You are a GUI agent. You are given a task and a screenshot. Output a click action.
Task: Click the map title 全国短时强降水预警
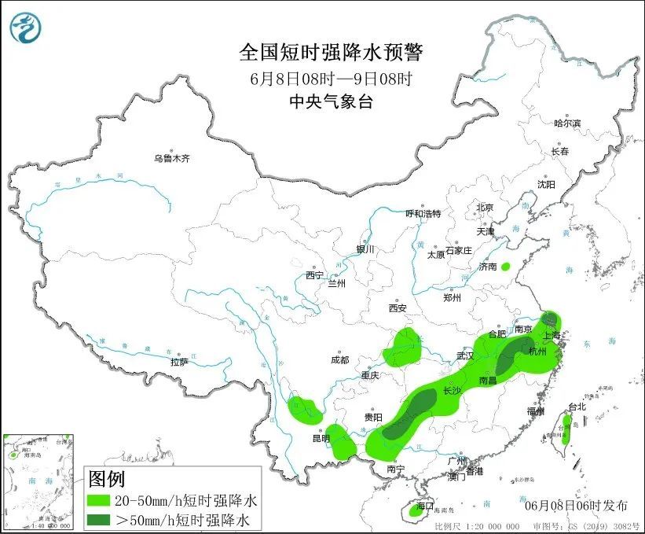(331, 53)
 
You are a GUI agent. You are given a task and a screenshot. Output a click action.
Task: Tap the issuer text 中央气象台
(331, 101)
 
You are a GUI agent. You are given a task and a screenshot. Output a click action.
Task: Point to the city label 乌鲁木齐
(172, 159)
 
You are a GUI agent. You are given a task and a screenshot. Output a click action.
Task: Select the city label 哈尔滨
(566, 123)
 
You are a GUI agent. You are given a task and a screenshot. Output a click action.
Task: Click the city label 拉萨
(179, 362)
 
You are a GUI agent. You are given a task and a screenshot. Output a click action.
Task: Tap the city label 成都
(339, 360)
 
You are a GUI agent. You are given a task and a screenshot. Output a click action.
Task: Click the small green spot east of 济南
(506, 267)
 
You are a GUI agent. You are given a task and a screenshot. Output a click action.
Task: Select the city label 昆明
(321, 438)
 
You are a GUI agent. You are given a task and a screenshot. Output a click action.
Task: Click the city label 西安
(398, 308)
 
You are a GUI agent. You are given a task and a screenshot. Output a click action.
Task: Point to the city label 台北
(577, 407)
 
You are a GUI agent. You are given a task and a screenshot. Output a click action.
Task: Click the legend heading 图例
(106, 479)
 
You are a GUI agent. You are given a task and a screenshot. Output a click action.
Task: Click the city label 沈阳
(546, 184)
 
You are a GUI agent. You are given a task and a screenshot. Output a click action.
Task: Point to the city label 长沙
(452, 391)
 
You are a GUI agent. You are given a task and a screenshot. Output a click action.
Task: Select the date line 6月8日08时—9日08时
(331, 78)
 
